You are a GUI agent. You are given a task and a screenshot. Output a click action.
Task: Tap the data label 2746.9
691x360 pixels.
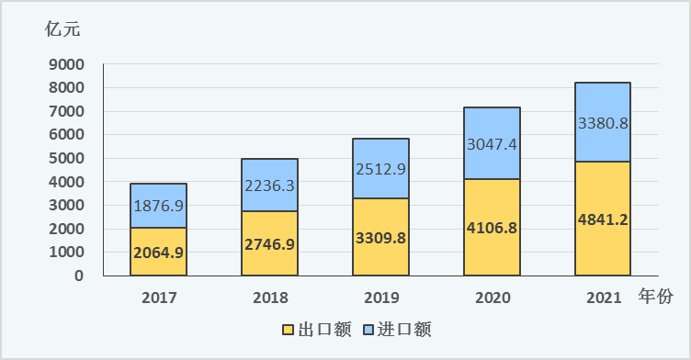(269, 244)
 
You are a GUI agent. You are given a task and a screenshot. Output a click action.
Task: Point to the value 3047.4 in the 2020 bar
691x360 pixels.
(492, 143)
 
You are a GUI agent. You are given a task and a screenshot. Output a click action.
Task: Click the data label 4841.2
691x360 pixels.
(603, 219)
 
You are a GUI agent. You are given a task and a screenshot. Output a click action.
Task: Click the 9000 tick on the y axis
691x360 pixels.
(66, 64)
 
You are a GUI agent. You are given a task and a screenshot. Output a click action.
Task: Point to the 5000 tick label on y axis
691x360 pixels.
(66, 158)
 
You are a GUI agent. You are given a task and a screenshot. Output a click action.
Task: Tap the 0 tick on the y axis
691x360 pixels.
(80, 276)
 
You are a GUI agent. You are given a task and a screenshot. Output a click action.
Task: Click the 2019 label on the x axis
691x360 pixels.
(380, 298)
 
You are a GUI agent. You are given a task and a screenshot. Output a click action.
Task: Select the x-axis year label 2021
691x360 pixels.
(603, 298)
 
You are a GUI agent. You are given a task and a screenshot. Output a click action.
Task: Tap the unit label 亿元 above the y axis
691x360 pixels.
(63, 28)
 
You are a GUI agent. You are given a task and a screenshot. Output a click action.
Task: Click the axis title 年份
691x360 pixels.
(656, 297)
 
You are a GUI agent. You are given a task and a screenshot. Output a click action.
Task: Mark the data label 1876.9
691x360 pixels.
(159, 207)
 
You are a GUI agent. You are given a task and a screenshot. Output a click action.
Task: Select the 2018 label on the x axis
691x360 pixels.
(269, 298)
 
